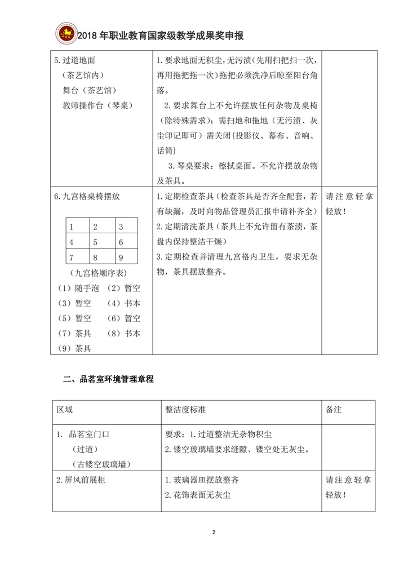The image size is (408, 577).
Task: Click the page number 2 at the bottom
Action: [x=214, y=532]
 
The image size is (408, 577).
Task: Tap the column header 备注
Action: [x=334, y=410]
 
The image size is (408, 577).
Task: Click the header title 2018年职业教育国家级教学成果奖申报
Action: [x=160, y=36]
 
